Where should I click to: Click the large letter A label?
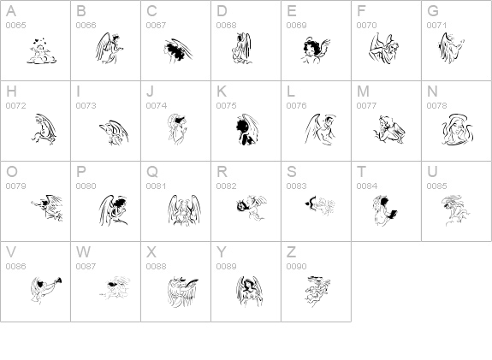(11, 11)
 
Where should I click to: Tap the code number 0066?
(86, 25)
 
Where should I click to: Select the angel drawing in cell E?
(316, 50)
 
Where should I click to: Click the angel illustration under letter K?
(247, 129)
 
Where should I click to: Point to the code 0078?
(436, 105)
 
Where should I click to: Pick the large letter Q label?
(152, 172)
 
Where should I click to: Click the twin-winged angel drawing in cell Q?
(184, 210)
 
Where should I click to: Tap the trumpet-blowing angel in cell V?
(46, 290)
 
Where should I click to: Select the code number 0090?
(297, 266)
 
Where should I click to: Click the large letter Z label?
(291, 252)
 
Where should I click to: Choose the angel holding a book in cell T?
(385, 210)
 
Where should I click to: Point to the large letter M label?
(363, 91)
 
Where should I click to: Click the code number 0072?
(15, 105)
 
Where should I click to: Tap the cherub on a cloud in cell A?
(41, 51)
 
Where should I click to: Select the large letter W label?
(83, 252)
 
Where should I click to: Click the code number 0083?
(297, 186)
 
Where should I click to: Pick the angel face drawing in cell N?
(458, 130)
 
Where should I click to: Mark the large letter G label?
(433, 11)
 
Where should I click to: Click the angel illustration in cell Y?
(249, 292)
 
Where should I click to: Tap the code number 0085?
(436, 186)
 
